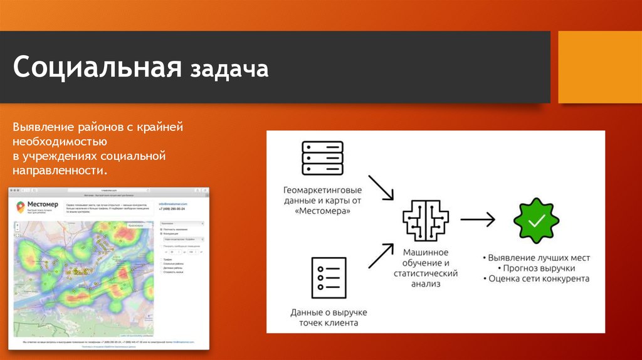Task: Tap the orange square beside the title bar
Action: click(599, 66)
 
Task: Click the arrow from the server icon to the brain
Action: click(380, 186)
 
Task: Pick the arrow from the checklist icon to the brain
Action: click(380, 255)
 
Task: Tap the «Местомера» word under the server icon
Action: click(322, 212)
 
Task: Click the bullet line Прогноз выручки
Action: click(537, 268)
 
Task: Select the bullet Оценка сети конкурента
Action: click(537, 278)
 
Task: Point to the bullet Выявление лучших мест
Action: click(537, 258)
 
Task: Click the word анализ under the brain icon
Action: click(426, 283)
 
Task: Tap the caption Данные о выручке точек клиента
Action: click(329, 317)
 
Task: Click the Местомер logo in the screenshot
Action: click(36, 206)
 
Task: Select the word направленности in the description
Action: click(59, 170)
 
